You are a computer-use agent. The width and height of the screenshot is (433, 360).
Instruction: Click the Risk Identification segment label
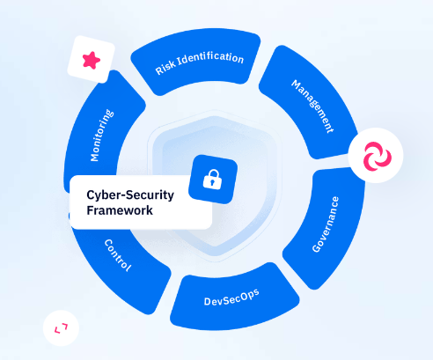[x=200, y=62]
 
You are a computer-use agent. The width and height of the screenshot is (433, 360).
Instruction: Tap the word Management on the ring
[x=312, y=107]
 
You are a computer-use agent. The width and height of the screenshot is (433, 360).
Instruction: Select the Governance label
[x=325, y=224]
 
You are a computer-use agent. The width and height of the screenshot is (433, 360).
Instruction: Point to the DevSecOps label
[x=231, y=298]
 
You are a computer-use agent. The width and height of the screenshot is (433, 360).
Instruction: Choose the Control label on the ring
[x=118, y=255]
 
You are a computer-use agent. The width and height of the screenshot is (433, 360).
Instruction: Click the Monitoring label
[x=102, y=136]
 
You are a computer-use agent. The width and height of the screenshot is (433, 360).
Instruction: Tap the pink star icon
[x=92, y=60]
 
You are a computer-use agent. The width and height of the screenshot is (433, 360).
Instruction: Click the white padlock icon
[x=212, y=180]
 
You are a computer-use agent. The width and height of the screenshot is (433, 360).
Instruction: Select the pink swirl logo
[x=378, y=156]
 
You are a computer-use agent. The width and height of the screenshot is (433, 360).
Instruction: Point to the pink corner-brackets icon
[x=61, y=328]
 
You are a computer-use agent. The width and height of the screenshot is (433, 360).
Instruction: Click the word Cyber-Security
[x=130, y=195]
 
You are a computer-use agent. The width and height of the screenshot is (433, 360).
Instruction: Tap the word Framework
[x=120, y=210]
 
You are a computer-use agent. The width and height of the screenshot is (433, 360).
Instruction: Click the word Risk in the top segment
[x=165, y=69]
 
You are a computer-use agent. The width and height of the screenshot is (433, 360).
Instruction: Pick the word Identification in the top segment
[x=210, y=57]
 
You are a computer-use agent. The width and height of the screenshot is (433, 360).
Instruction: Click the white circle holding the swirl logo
[x=376, y=155]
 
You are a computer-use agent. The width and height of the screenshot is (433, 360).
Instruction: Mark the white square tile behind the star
[x=92, y=59]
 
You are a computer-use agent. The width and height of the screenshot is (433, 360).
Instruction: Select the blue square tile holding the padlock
[x=213, y=180]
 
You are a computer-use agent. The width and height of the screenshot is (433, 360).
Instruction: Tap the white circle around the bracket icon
[x=61, y=328]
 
